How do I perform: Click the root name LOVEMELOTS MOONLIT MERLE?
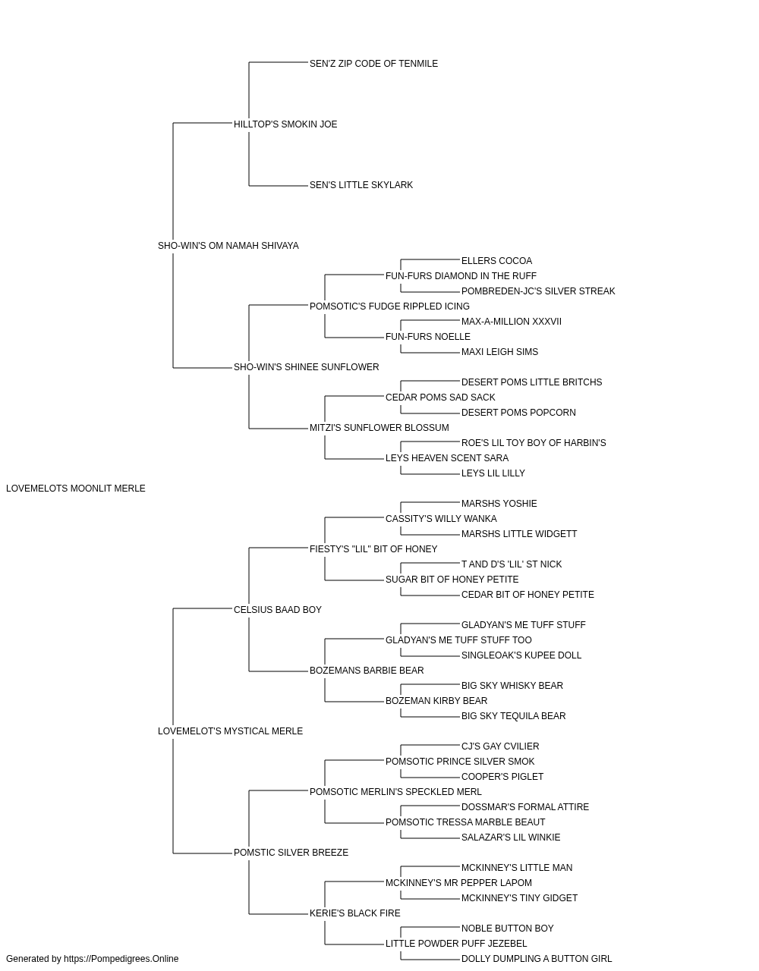tap(76, 489)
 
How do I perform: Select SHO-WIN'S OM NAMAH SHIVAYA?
tap(228, 246)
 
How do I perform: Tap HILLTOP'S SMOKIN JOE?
tap(285, 124)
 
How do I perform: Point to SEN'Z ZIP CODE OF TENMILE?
tap(373, 64)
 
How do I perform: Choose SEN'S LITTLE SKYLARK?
tap(361, 185)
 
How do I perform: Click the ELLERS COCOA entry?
tap(496, 261)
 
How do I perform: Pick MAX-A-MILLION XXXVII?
tap(512, 322)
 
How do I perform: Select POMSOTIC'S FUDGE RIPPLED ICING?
tap(389, 306)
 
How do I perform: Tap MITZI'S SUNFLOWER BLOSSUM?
tap(379, 428)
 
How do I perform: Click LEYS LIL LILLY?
tap(493, 473)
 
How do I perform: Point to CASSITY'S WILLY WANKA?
tap(441, 519)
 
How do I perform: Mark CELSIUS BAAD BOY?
tap(278, 610)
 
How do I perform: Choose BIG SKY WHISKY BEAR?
tap(512, 686)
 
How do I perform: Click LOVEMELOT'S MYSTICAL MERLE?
tap(230, 731)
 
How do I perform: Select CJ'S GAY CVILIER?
tap(500, 746)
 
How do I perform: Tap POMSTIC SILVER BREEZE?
tap(291, 853)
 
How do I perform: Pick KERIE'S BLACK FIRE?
tap(355, 913)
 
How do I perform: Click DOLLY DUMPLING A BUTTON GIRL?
tap(537, 959)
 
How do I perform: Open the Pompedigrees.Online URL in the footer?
tap(121, 959)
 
